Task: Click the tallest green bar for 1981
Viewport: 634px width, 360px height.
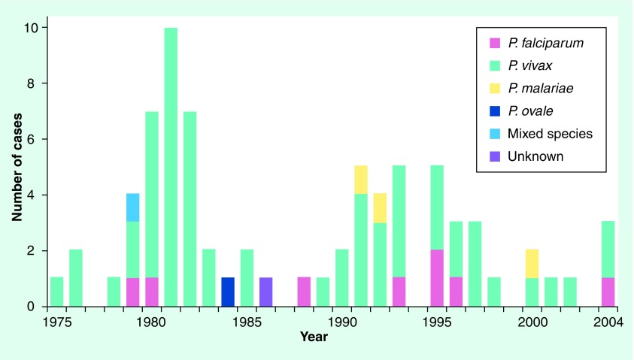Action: (x=171, y=167)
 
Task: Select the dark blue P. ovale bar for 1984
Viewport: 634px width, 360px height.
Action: (x=228, y=292)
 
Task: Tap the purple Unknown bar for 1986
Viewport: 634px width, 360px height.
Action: (x=265, y=292)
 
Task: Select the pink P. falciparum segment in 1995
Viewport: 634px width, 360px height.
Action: (x=437, y=278)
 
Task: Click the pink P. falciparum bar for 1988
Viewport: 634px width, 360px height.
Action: (x=304, y=292)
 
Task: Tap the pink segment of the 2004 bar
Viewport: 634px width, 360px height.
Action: (x=608, y=292)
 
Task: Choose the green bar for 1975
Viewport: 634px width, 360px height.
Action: (x=56, y=292)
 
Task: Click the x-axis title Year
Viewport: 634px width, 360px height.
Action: (x=314, y=337)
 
